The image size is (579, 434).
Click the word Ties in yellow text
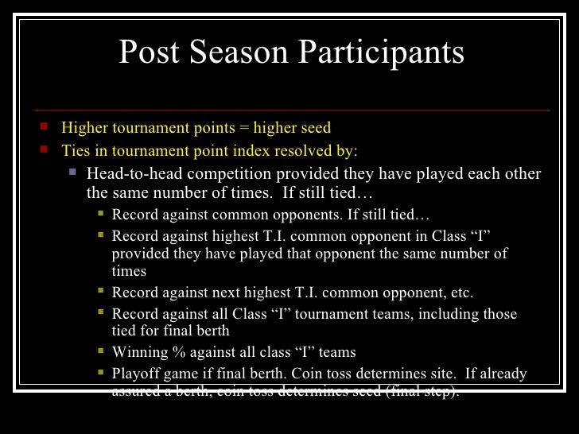[x=76, y=150]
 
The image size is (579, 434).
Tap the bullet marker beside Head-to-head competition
[x=72, y=172]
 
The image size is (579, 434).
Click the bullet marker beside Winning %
[x=100, y=351]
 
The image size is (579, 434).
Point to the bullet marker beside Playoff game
[x=100, y=372]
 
